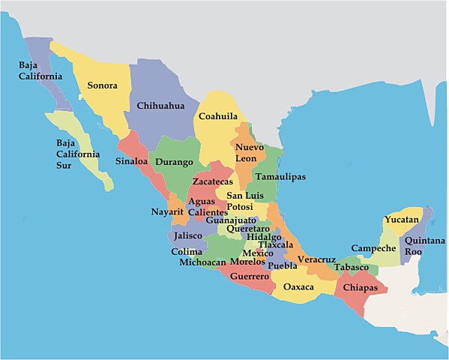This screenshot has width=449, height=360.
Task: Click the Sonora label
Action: [x=102, y=85]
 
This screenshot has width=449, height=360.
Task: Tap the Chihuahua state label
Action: [x=160, y=106]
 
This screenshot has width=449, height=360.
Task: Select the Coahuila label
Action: [x=218, y=116]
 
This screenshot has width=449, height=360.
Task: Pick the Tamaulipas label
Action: [x=280, y=177]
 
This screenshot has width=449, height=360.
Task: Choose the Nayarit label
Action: [x=167, y=212]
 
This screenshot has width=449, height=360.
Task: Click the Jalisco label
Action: [x=188, y=235]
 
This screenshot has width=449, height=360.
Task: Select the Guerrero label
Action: [x=250, y=277]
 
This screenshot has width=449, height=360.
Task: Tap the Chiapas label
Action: [x=359, y=287]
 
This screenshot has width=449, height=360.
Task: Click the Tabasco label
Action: [x=352, y=267]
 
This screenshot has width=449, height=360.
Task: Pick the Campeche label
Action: [x=373, y=248]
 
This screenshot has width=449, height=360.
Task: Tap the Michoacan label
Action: [x=202, y=262]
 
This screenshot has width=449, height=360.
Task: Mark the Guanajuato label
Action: [x=231, y=220]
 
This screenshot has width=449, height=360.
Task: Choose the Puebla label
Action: [x=282, y=265]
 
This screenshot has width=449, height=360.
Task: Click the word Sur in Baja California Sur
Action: [x=66, y=166]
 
